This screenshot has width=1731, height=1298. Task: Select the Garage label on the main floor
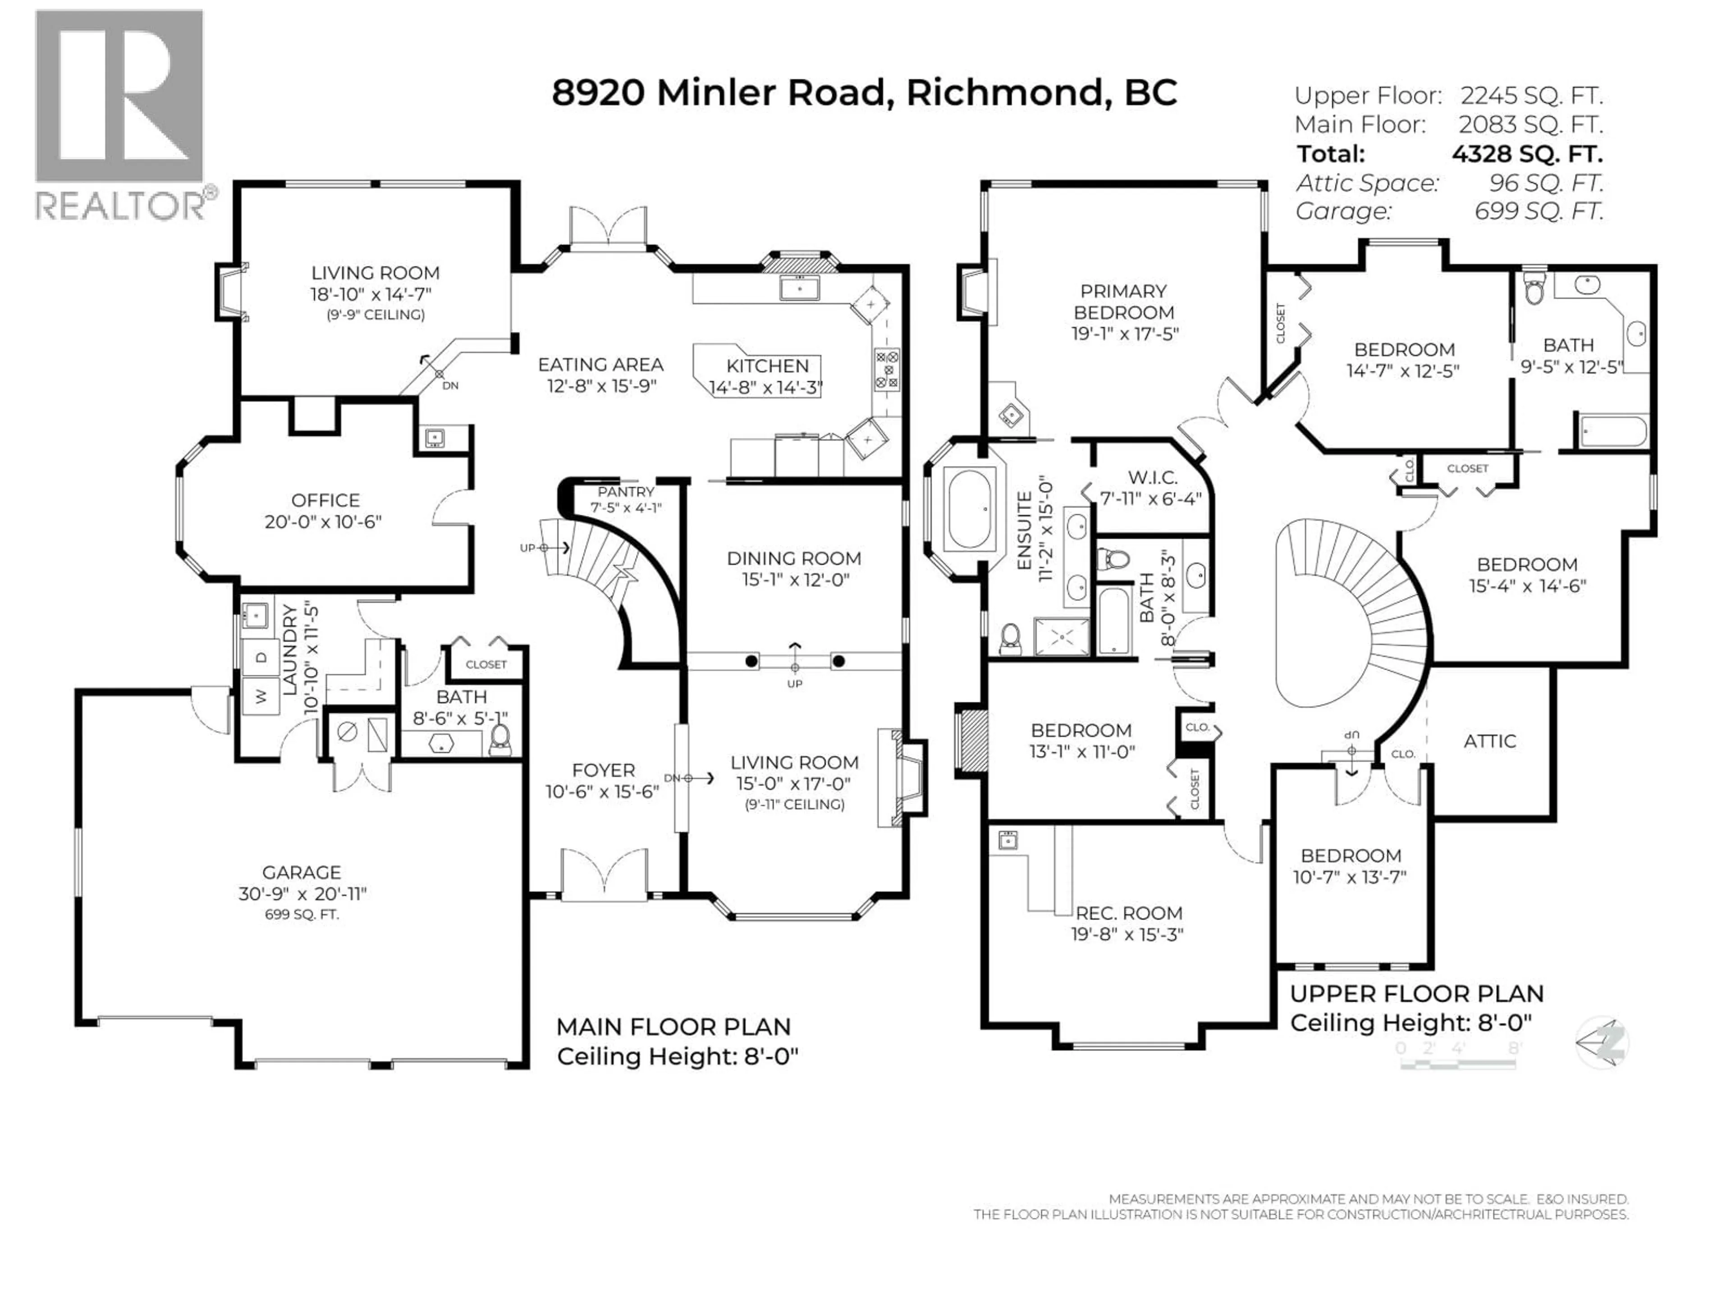301,873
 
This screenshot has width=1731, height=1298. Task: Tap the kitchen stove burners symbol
887,370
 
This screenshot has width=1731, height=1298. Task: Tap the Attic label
1489,741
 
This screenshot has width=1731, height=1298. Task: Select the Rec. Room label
1128,913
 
